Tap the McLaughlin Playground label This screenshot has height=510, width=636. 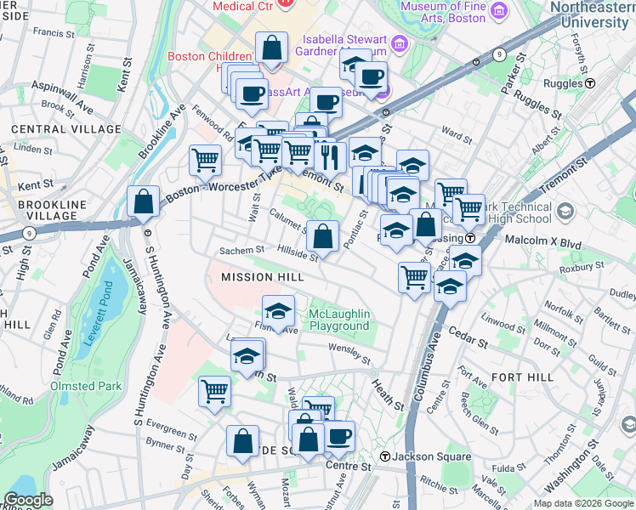tap(339, 320)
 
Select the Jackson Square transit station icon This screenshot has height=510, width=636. tap(385, 457)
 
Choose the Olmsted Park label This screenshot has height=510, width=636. tap(86, 386)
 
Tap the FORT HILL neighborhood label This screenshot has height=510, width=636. tap(522, 377)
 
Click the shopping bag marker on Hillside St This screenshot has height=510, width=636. tap(323, 235)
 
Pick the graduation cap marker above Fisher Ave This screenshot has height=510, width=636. tap(278, 310)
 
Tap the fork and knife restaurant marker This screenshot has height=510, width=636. tap(327, 156)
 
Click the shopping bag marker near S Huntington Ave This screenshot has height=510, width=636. tap(144, 202)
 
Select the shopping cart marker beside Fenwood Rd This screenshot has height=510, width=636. tap(205, 158)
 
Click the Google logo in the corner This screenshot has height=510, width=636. tap(29, 500)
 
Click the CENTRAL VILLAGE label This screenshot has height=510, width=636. tap(65, 129)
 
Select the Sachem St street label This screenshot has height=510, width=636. tap(241, 251)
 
